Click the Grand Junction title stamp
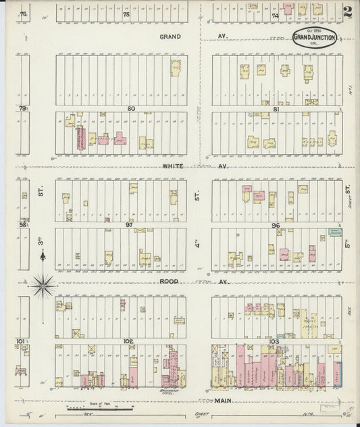tap(315, 37)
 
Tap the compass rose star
tap(42, 285)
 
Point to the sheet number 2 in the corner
tap(348, 11)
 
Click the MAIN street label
tap(223, 401)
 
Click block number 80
tap(131, 108)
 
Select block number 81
tap(276, 108)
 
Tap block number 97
tap(128, 222)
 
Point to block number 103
tap(274, 341)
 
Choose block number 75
tap(126, 14)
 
